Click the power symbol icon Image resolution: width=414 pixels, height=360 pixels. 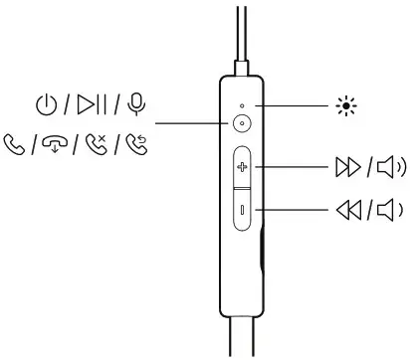coord(45,102)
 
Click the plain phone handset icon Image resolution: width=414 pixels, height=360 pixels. coord(17,146)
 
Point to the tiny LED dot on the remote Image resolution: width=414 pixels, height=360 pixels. coord(242,103)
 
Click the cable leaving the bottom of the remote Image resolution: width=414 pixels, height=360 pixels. coord(241,338)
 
